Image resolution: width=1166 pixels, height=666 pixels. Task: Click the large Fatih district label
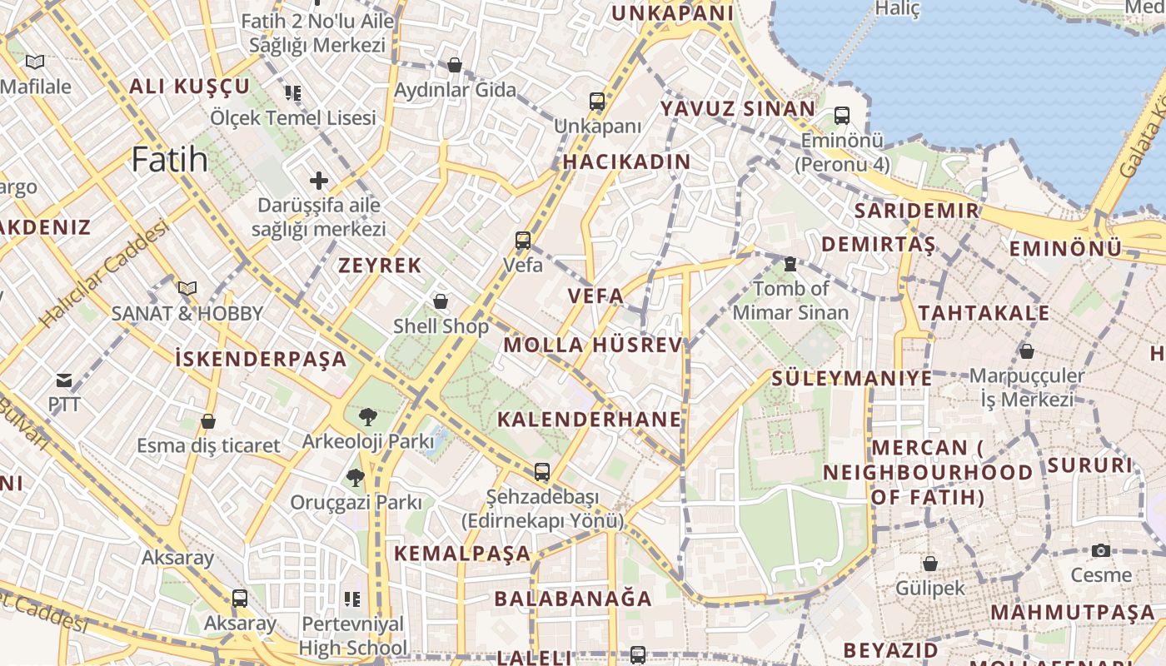(x=170, y=158)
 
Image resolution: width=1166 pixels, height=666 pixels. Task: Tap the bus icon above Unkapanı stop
(x=597, y=102)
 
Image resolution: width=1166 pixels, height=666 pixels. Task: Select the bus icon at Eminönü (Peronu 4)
(x=842, y=116)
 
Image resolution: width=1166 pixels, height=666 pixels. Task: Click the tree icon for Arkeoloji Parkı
(x=367, y=416)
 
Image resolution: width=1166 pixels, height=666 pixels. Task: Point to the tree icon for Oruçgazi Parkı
(x=356, y=478)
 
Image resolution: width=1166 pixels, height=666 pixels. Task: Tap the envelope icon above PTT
(x=64, y=381)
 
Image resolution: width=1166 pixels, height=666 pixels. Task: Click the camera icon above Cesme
(x=1101, y=550)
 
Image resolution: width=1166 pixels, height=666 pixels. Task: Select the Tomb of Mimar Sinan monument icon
(x=790, y=264)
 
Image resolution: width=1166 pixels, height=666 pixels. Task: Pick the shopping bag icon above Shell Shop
(x=441, y=301)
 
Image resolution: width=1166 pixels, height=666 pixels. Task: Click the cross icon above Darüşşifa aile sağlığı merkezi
(x=319, y=180)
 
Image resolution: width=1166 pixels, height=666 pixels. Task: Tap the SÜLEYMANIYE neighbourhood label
(x=851, y=378)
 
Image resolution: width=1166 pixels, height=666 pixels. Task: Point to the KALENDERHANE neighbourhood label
(x=589, y=419)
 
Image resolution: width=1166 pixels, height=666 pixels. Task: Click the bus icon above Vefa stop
(x=523, y=241)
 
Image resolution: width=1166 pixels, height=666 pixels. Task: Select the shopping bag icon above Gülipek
(x=930, y=564)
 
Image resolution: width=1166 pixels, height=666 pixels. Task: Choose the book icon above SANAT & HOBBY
(x=187, y=289)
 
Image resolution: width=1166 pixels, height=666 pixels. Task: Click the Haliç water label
(x=897, y=9)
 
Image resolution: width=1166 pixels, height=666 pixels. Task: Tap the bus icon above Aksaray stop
(x=240, y=598)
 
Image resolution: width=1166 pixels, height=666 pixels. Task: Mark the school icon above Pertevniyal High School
(x=351, y=599)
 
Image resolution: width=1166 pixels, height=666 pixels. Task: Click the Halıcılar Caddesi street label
(x=104, y=274)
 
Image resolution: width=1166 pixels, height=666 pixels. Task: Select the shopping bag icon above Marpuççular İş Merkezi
(x=1027, y=351)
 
